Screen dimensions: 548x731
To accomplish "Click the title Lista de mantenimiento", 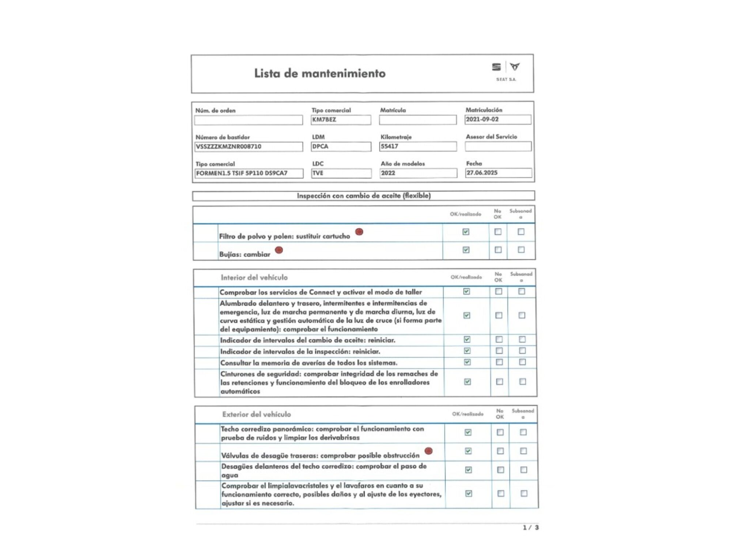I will pos(320,73).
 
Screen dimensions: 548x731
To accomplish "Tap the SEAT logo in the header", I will pos(496,67).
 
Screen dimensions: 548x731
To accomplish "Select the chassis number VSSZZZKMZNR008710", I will pos(229,146).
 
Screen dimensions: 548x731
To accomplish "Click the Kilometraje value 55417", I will pos(390,146).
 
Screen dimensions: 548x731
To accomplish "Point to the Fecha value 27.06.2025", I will pos(482,173).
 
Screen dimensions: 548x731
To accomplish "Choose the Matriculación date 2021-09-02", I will pos(482,119).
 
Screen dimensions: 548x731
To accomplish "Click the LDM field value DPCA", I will pos(320,146).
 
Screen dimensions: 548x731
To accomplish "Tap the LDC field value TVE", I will pos(318,173).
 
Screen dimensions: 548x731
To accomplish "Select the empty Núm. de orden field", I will pos(249,120).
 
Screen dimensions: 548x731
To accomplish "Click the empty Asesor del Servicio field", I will pos(498,146).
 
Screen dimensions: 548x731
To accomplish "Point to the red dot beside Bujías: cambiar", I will pos(279,250).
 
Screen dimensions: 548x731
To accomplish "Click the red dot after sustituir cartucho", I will pos(359,232).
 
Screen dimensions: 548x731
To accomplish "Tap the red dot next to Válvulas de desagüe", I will pos(429,451).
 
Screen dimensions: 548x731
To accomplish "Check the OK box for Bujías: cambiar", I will pos(466,250).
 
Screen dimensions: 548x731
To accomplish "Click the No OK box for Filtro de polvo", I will pos(498,232).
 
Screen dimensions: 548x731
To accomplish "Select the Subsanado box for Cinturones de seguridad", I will pos(523,381).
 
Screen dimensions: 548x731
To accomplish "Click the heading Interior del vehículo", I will pos(254,278).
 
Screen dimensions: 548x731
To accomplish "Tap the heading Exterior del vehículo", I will pos(257,414).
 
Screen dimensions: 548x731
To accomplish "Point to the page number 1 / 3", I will pos(531,528).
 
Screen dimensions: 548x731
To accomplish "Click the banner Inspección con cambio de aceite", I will pos(364,196).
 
